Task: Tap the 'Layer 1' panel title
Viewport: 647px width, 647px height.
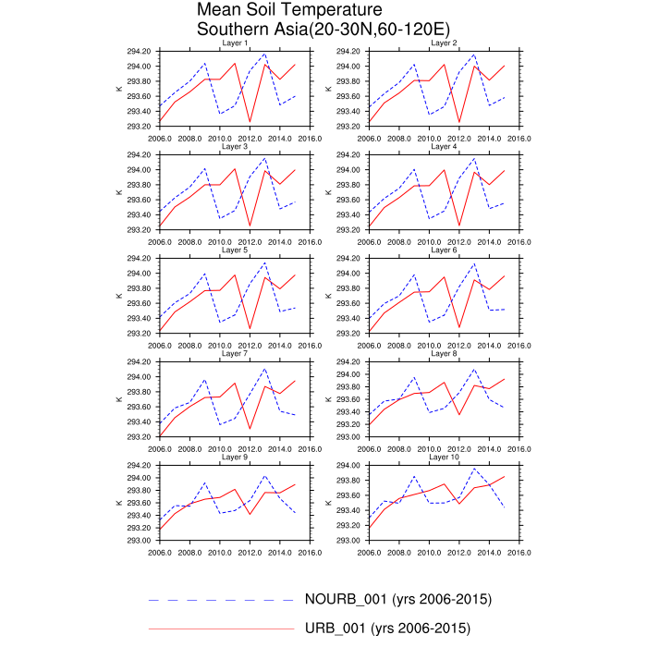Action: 235,43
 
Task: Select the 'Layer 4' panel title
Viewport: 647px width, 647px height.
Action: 444,147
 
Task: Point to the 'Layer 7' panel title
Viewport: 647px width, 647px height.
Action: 235,354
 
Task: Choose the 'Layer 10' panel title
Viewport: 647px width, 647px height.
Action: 444,458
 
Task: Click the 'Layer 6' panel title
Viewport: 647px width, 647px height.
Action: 444,250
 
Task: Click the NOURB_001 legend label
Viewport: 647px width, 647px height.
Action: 398,599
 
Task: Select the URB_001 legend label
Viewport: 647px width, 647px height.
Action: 387,629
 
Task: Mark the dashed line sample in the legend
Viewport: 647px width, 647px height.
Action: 222,600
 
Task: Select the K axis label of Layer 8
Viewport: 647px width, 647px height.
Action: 328,399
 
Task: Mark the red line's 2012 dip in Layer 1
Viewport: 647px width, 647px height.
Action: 250,121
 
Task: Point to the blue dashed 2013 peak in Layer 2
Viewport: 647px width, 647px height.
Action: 474,54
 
